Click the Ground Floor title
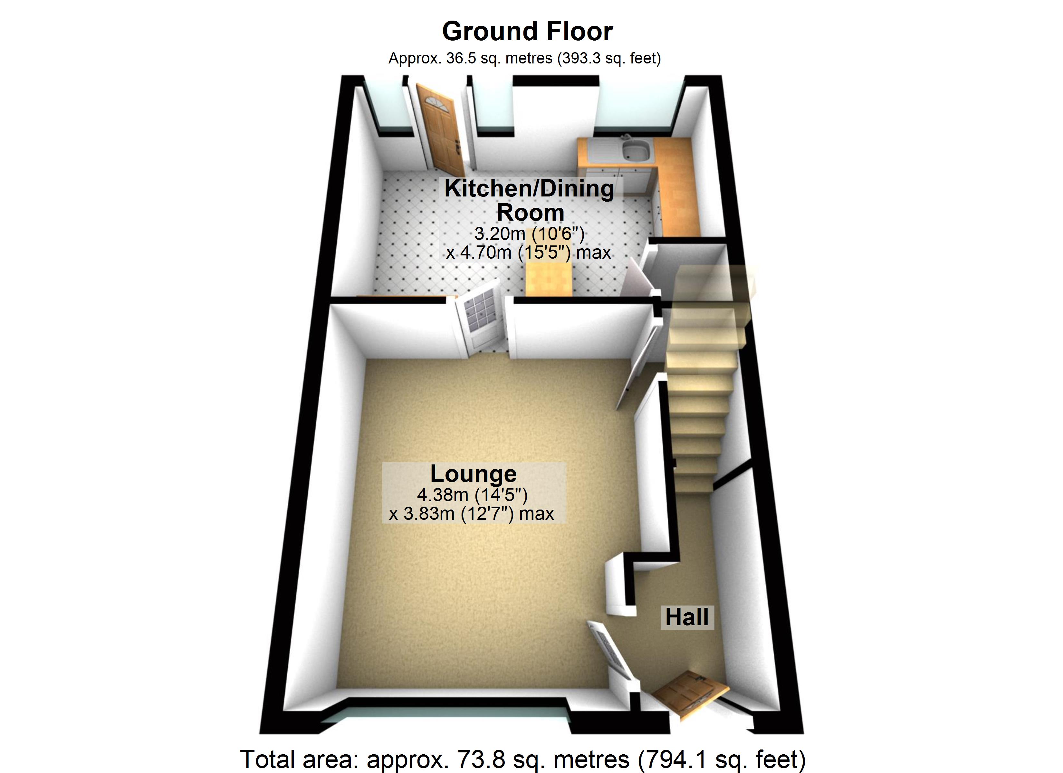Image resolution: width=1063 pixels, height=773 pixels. click(527, 32)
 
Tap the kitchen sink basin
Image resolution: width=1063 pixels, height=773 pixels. click(636, 150)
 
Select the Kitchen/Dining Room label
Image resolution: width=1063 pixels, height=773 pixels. click(530, 200)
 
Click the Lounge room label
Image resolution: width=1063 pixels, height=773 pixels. click(474, 473)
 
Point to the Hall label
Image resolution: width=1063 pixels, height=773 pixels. click(687, 617)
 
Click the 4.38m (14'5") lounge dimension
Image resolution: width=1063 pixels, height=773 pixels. click(473, 494)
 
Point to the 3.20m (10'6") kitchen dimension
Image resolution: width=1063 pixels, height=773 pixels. click(530, 233)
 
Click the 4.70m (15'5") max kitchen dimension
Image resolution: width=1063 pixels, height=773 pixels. click(529, 253)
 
